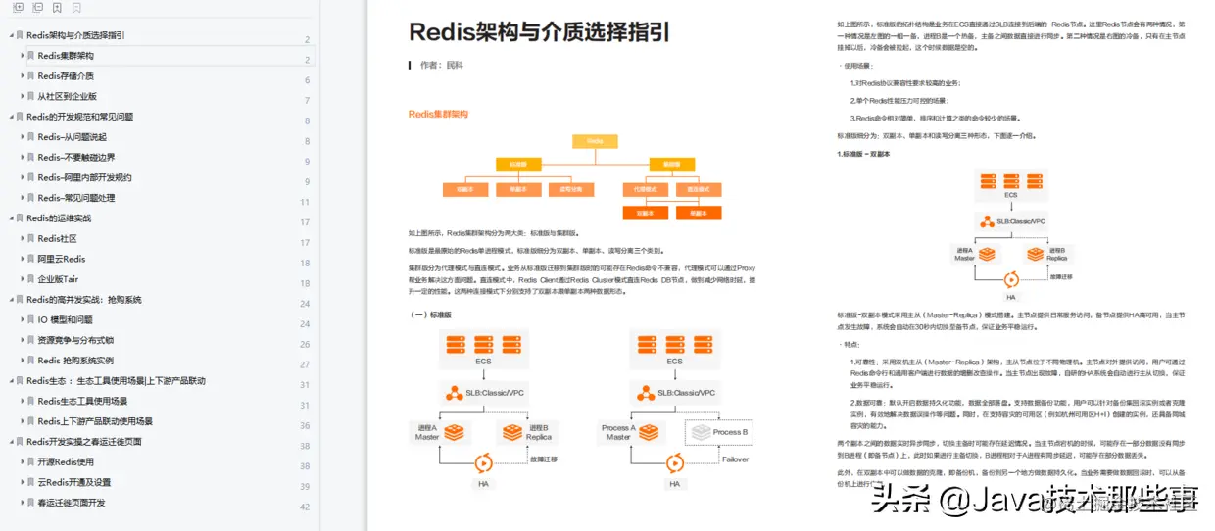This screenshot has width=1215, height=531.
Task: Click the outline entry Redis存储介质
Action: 66,76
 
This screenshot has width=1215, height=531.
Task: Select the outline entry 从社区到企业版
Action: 68,97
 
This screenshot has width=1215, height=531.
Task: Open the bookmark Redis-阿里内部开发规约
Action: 84,178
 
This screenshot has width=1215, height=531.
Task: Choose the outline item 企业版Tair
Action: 58,279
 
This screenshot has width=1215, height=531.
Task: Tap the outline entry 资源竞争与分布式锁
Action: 75,340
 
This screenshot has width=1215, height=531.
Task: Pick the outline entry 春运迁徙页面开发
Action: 72,503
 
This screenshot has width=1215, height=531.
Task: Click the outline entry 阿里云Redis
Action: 62,259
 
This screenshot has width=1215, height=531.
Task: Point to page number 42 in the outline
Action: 304,507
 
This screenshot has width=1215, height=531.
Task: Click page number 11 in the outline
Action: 304,202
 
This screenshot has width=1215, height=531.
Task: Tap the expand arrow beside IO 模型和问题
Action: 23,319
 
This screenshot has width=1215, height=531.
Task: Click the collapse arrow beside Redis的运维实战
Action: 11,218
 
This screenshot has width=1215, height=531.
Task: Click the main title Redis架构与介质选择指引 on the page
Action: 539,32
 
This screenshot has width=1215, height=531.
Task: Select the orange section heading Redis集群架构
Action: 438,114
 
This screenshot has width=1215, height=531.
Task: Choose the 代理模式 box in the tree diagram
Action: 645,189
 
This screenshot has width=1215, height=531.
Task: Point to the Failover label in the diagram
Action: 735,459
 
